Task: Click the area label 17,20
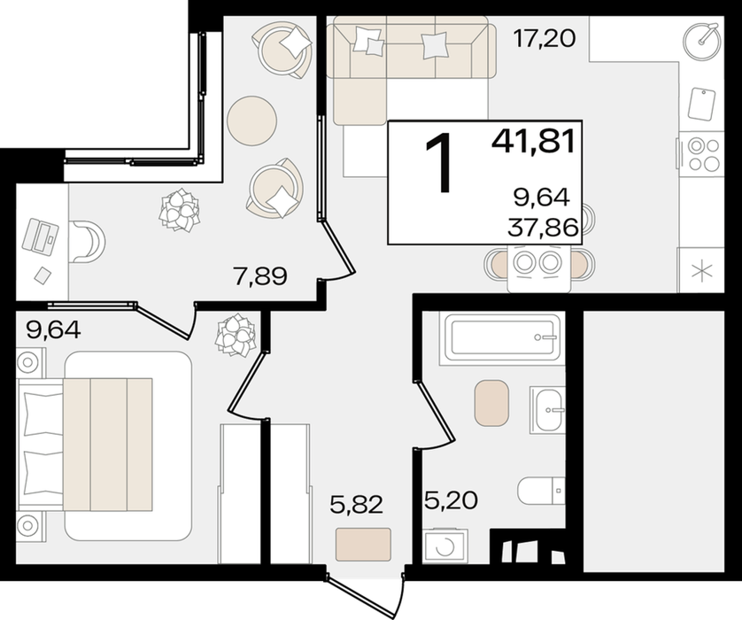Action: point(545,38)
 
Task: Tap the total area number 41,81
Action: point(533,141)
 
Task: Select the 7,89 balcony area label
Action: point(260,276)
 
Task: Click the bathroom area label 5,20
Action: point(452,500)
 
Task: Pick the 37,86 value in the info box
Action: point(543,229)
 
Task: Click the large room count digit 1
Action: point(437,162)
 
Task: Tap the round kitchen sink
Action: point(702,40)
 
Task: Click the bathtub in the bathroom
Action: point(502,338)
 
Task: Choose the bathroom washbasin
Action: point(547,409)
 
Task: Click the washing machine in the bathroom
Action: point(445,546)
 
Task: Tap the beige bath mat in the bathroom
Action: point(492,402)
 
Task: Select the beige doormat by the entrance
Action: point(363,545)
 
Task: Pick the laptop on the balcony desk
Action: point(40,236)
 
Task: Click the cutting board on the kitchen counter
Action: point(701,104)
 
